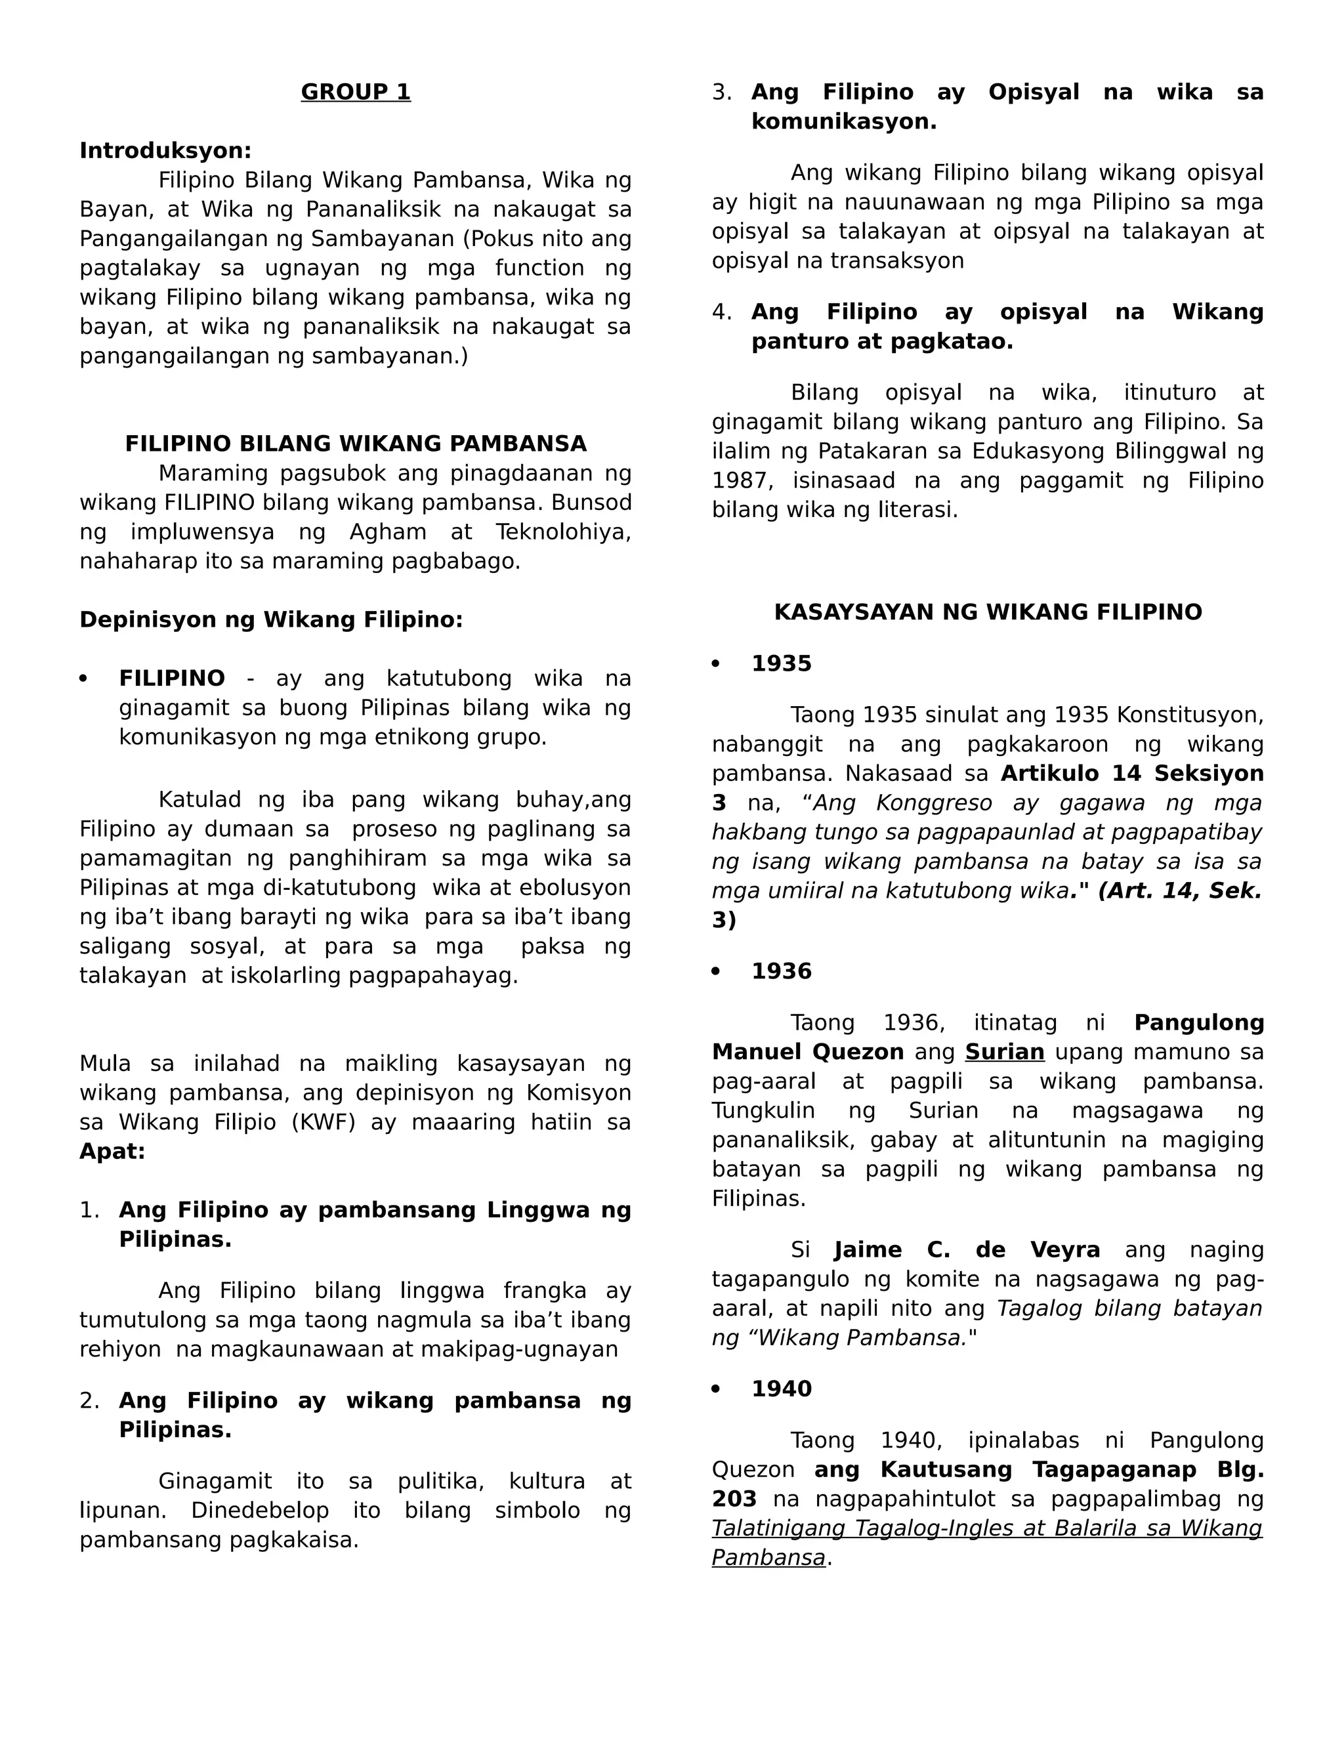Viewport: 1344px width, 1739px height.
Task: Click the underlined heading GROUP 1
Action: (355, 93)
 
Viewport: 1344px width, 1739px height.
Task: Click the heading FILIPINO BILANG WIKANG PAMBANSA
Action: (355, 444)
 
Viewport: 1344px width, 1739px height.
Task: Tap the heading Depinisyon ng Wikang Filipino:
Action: (271, 619)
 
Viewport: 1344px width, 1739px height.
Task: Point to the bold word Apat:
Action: (112, 1152)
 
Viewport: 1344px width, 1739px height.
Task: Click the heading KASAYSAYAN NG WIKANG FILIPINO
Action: (987, 612)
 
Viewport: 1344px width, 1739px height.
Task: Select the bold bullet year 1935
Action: (781, 663)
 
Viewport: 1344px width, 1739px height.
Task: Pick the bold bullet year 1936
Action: (781, 971)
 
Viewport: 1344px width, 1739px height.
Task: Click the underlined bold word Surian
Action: (1004, 1052)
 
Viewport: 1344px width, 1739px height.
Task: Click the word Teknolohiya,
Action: (563, 532)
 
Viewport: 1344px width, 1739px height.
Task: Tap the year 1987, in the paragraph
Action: (742, 481)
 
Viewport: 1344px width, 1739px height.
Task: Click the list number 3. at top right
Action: (721, 93)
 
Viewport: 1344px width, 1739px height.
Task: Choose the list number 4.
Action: (721, 312)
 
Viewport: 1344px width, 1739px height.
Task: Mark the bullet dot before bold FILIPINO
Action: (83, 679)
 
